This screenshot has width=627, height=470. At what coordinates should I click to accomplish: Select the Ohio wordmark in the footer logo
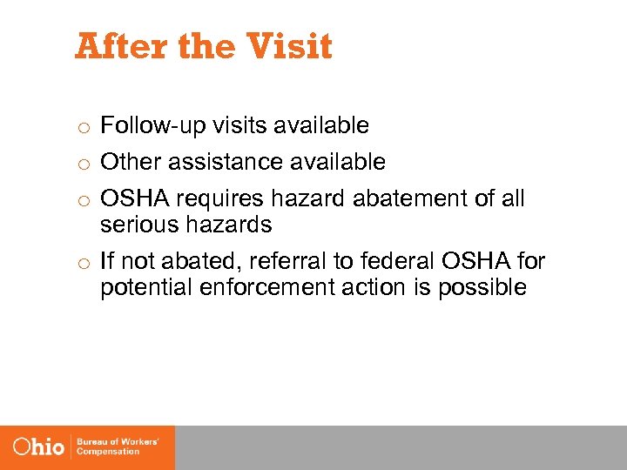tap(39, 447)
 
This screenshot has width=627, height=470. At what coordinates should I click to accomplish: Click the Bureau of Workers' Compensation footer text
tap(118, 447)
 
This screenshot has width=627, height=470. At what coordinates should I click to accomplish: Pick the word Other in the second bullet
tap(127, 162)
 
